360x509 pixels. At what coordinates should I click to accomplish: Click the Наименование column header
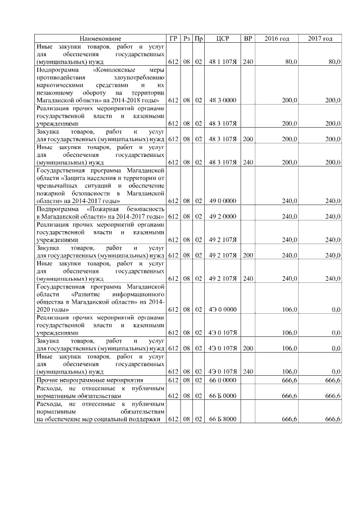(x=100, y=38)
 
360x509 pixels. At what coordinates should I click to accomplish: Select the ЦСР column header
(x=222, y=38)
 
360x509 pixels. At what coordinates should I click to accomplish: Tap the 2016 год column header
(x=276, y=38)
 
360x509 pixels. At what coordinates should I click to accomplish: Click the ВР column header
(x=247, y=38)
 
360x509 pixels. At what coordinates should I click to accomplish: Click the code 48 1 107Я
(x=222, y=61)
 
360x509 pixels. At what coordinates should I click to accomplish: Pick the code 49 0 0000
(x=222, y=200)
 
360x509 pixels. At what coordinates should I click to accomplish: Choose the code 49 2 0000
(x=222, y=216)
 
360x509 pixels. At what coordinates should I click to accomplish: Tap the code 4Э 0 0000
(x=222, y=309)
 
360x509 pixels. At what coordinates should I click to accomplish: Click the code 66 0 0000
(x=222, y=381)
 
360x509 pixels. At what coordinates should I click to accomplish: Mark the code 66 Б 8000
(x=222, y=419)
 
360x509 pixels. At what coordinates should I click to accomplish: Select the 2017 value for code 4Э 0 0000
(x=335, y=309)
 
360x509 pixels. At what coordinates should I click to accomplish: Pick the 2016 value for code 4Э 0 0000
(x=290, y=309)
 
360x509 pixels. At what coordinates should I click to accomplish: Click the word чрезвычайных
(x=57, y=184)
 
